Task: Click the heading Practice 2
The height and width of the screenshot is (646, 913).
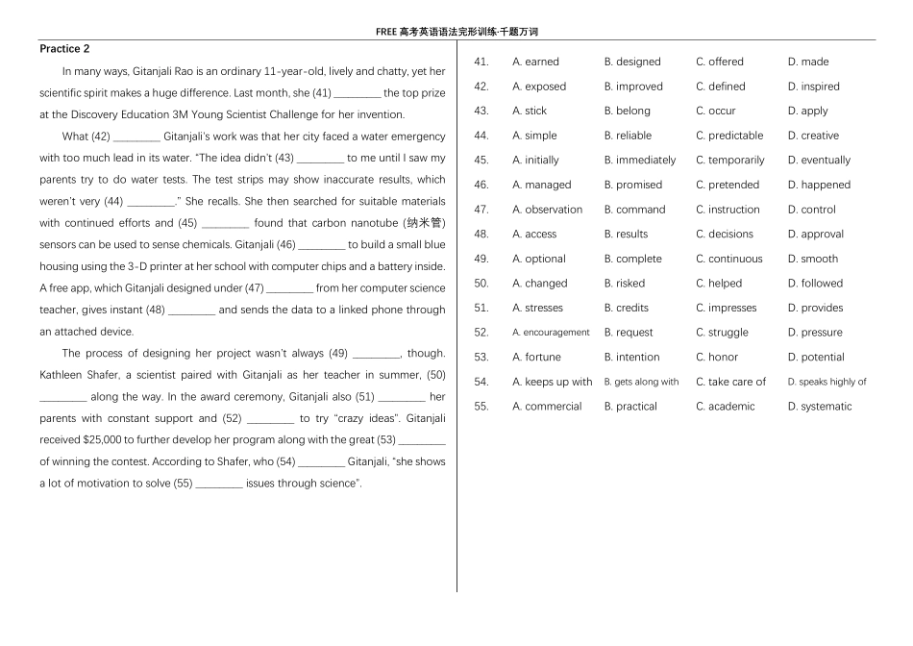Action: point(64,49)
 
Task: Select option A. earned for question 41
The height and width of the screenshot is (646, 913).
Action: point(535,62)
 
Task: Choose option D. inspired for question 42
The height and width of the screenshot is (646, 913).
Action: point(813,87)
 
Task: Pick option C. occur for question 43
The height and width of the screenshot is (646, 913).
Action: point(715,111)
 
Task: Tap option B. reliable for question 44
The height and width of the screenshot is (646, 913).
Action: point(628,136)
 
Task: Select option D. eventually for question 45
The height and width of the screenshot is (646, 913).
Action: point(819,161)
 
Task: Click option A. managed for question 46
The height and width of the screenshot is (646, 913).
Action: point(541,185)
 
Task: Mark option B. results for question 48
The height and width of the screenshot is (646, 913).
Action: point(626,234)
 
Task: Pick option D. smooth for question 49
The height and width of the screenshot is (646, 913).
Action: point(812,259)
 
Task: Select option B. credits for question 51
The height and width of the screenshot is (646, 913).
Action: point(626,308)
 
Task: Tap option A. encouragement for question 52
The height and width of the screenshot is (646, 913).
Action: point(551,333)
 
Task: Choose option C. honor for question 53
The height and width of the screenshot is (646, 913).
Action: point(717,357)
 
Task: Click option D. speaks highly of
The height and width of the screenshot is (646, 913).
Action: point(827,382)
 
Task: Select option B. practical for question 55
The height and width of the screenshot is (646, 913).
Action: point(629,407)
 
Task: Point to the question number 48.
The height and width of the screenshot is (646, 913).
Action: point(481,234)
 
